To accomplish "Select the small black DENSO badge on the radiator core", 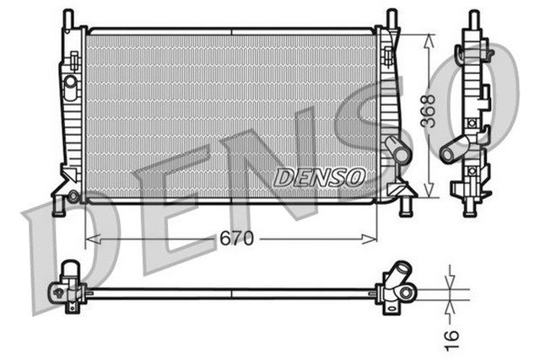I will (320, 176).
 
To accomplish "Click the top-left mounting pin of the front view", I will (68, 18).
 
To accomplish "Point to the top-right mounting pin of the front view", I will (391, 18).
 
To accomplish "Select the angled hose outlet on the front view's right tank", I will (397, 152).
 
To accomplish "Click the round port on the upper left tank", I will (71, 82).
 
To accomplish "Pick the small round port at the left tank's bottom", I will (73, 196).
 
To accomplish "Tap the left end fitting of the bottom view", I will (67, 287).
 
